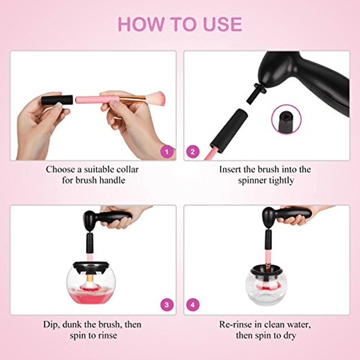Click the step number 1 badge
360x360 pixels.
[x=167, y=152]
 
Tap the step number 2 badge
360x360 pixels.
[x=193, y=152]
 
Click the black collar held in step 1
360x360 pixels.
[x=58, y=99]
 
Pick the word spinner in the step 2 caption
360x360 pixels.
[x=253, y=181]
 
